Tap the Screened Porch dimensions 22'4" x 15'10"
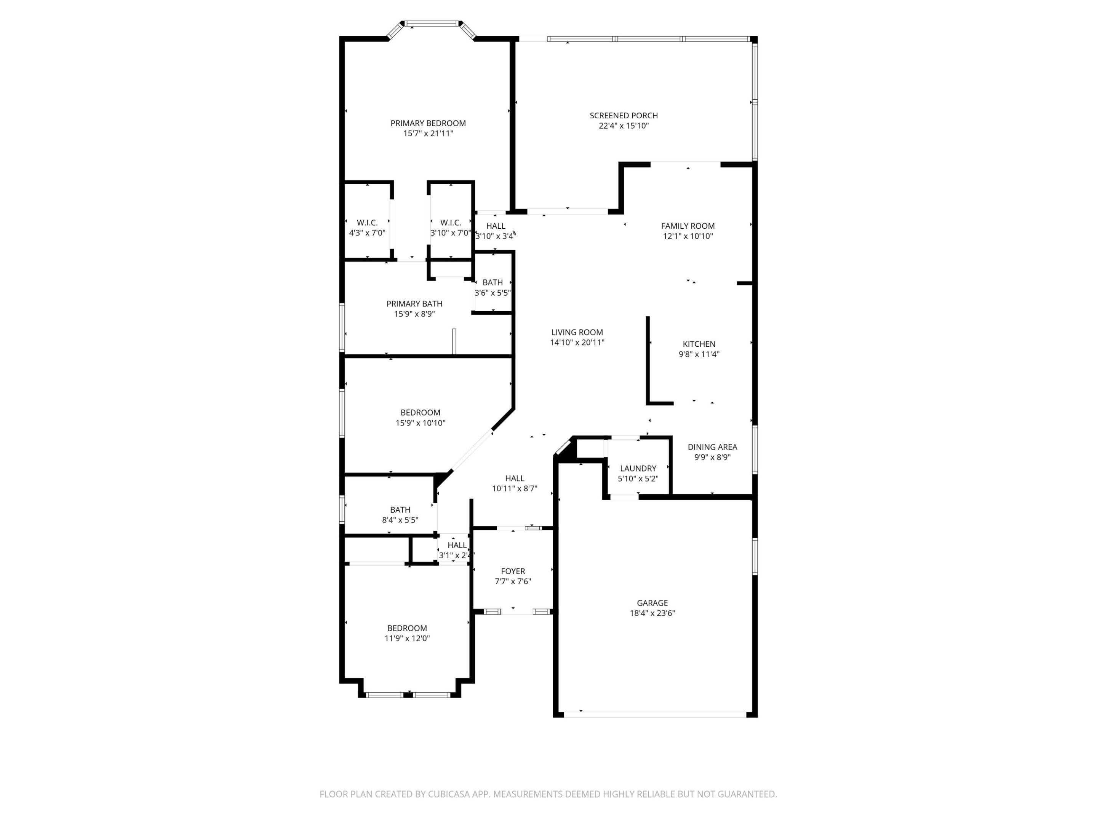624,126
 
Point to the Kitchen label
699,344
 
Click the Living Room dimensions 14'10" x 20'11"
577,342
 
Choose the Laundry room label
638,468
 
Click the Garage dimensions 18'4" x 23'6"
652,613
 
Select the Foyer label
512,571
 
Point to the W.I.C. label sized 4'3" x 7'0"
367,223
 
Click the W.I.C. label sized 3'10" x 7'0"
450,223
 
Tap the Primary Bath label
414,304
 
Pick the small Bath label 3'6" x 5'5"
492,282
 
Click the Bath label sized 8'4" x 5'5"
400,509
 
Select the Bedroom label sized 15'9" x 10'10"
420,412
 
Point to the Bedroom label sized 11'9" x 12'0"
407,628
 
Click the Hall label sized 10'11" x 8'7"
514,478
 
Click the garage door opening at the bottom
655,714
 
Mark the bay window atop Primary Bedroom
431,23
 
